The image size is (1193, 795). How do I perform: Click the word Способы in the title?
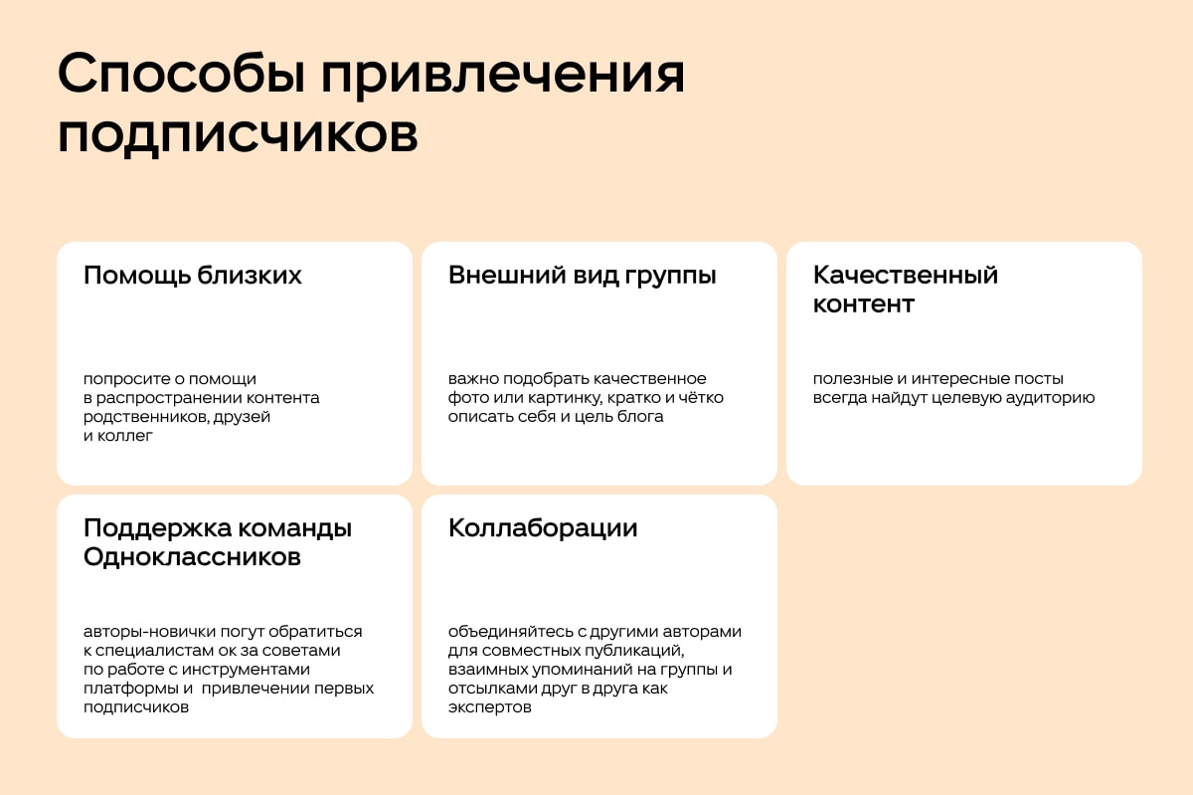pyautogui.click(x=182, y=74)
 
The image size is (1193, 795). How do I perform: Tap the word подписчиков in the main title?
pyautogui.click(x=238, y=135)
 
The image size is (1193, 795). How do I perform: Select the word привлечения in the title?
pyautogui.click(x=503, y=77)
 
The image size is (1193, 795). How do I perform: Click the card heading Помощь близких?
pyautogui.click(x=192, y=276)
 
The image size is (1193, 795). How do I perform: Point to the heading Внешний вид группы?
pyautogui.click(x=582, y=277)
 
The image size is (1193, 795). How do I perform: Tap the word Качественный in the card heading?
pyautogui.click(x=906, y=276)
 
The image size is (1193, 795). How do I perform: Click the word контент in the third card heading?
pyautogui.click(x=863, y=304)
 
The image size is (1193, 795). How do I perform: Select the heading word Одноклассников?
pyautogui.click(x=192, y=557)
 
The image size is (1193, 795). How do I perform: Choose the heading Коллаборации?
pyautogui.click(x=543, y=529)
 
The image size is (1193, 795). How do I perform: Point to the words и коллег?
pyautogui.click(x=117, y=436)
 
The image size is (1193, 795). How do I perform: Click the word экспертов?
pyautogui.click(x=489, y=707)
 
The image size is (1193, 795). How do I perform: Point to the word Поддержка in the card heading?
pyautogui.click(x=158, y=529)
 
